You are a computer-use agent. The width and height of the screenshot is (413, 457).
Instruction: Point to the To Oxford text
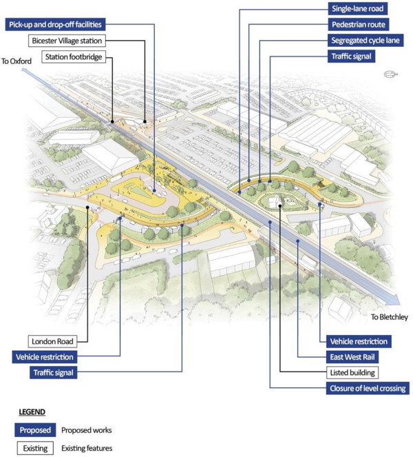tap(17, 61)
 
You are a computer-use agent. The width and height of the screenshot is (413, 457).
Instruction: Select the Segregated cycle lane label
tap(365, 41)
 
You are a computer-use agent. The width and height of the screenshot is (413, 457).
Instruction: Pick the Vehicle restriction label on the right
tap(359, 341)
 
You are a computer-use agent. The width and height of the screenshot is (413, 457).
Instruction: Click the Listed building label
tap(351, 373)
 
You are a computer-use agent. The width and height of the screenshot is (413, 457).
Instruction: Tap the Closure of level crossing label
tap(366, 389)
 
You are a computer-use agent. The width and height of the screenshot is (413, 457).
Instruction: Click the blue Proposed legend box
tap(34, 430)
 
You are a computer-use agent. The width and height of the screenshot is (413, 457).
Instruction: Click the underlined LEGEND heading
tap(32, 412)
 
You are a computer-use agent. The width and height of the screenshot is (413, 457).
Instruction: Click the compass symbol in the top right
tap(390, 74)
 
